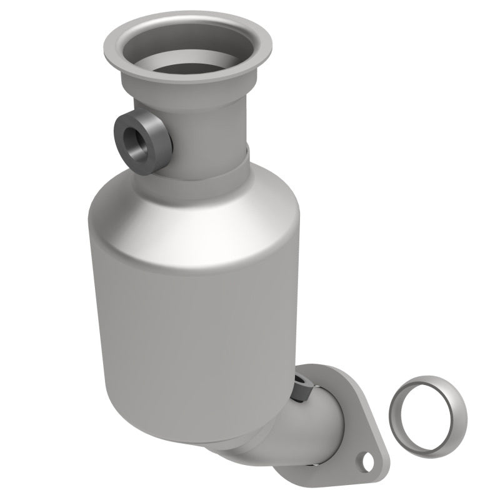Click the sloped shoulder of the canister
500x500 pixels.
pyautogui.click(x=194, y=212)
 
